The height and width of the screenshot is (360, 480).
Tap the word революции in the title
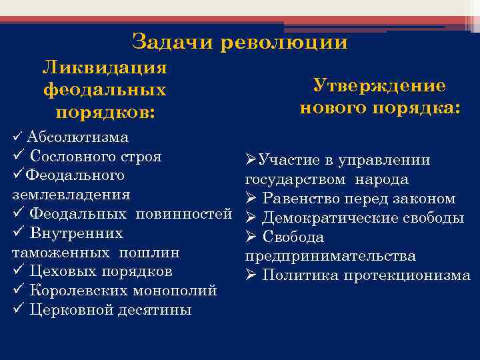283,43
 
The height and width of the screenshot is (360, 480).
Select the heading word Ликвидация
105,68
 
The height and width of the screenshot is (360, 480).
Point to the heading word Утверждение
379,86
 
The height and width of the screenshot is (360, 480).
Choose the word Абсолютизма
78,137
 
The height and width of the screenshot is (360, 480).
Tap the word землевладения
71,195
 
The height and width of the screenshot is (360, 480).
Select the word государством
295,180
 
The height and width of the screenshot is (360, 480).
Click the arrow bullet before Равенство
251,199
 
